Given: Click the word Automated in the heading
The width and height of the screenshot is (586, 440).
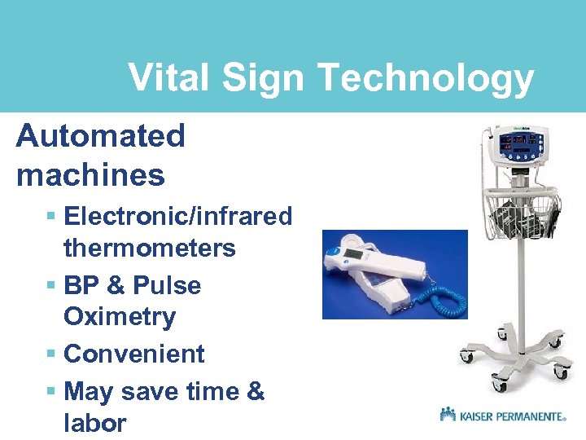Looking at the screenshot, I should [100, 136].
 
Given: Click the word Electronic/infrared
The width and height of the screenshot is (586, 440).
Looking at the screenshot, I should [177, 217].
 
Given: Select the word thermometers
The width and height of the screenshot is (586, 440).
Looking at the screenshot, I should [149, 248].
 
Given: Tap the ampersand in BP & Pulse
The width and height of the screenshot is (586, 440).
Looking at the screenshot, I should [116, 286].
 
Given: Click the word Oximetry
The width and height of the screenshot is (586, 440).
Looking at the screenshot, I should [119, 316].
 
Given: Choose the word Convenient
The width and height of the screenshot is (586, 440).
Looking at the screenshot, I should [133, 354].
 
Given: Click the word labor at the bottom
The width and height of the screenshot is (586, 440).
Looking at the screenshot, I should [94, 423].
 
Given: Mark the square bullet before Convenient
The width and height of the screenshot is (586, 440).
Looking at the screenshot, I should [50, 354].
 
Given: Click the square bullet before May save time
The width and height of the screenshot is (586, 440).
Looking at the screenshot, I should [50, 392].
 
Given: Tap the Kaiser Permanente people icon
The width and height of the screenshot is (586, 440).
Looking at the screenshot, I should [448, 414].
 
